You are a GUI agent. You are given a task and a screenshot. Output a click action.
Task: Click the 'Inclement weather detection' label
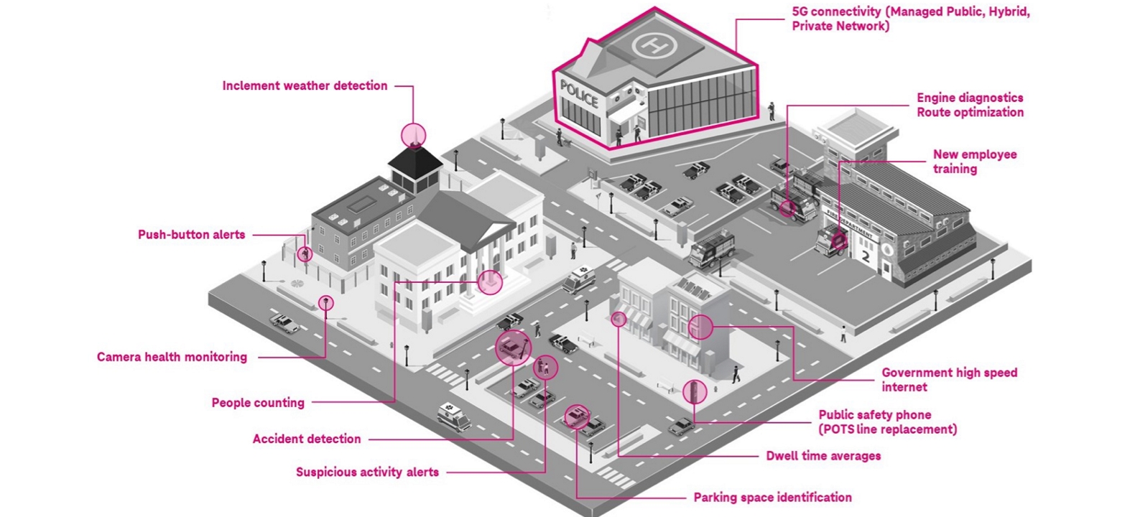click(305, 86)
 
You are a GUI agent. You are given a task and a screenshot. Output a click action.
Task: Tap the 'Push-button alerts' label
click(191, 235)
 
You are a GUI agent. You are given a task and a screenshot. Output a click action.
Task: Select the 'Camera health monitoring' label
click(172, 357)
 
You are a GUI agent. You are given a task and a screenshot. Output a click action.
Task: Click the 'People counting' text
click(258, 403)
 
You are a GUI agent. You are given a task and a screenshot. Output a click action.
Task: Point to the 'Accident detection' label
click(307, 439)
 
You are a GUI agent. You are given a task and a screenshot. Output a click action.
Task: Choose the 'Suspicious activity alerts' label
click(367, 472)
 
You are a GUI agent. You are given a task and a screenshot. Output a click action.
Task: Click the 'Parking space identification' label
click(772, 498)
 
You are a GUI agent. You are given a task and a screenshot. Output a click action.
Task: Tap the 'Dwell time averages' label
click(823, 456)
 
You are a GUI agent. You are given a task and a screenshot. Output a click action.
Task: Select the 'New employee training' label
click(974, 162)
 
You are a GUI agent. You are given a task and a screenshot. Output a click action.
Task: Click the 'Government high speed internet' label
click(949, 380)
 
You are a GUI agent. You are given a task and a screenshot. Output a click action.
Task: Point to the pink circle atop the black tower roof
click(414, 134)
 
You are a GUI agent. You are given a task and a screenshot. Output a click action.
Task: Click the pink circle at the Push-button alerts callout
click(305, 253)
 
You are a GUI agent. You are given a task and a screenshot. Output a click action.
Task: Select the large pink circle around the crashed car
click(514, 348)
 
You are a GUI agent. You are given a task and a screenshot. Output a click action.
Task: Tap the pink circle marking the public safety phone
click(694, 391)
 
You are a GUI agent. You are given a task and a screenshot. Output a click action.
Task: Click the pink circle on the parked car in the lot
click(576, 416)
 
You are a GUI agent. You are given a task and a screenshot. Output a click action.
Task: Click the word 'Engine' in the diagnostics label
click(935, 98)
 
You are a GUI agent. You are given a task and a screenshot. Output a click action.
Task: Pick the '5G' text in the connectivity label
click(800, 12)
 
